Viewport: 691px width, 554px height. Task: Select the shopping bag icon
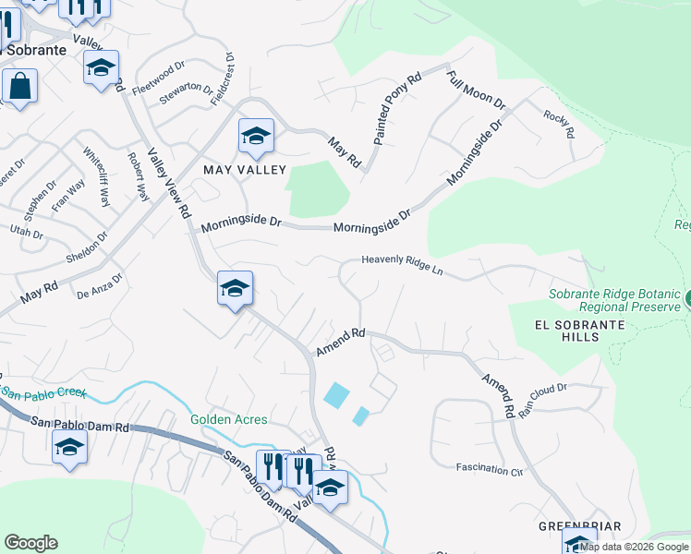click(18, 88)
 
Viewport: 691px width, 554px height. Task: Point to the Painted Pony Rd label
click(397, 109)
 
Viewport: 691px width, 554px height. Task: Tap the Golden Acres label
click(229, 419)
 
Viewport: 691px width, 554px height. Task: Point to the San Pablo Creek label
click(43, 392)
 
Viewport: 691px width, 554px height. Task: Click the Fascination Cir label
click(490, 470)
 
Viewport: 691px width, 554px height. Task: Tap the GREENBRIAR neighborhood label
click(577, 526)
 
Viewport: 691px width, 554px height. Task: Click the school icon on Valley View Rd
click(235, 289)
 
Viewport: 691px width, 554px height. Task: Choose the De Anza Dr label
click(99, 287)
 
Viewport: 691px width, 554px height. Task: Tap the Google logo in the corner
click(30, 543)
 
